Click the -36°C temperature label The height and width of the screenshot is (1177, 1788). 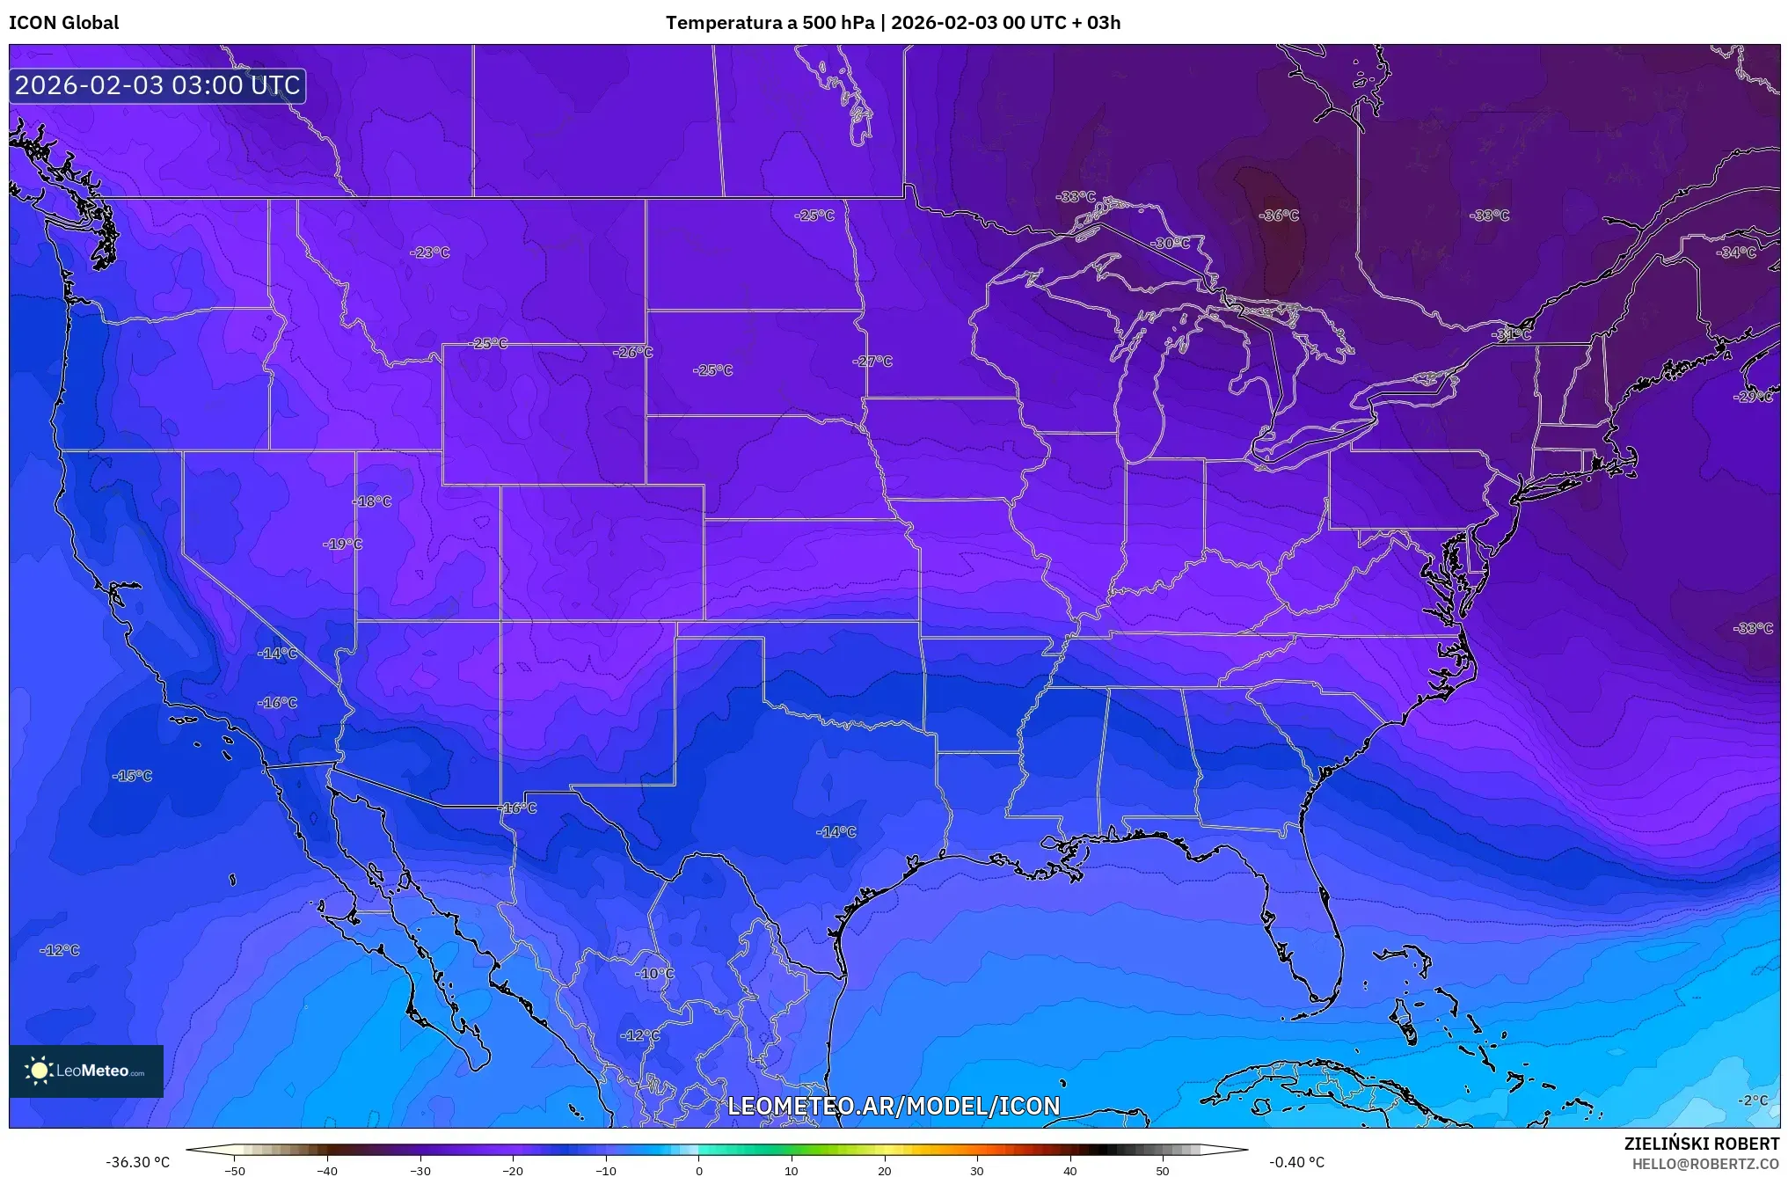[x=1279, y=216]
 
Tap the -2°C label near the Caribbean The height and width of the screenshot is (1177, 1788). [x=1752, y=1100]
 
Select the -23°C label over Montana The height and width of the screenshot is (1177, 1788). [x=430, y=252]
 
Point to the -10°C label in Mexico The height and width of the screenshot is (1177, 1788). [x=655, y=974]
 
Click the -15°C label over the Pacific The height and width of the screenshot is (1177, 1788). [x=133, y=776]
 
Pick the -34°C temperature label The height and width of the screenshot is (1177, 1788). [x=1736, y=252]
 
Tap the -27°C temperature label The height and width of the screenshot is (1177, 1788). [x=872, y=362]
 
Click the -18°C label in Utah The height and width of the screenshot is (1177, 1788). [x=372, y=501]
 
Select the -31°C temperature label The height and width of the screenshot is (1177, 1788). [x=1512, y=335]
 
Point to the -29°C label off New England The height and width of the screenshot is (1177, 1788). [x=1753, y=397]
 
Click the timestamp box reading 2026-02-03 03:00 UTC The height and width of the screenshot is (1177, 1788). [x=157, y=85]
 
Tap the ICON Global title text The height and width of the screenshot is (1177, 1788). [x=63, y=23]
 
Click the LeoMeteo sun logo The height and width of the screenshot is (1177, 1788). [x=39, y=1071]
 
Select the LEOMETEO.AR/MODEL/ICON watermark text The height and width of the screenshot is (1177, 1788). [x=894, y=1106]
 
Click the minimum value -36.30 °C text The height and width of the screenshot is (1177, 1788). [x=138, y=1162]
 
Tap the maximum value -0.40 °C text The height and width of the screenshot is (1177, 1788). [x=1296, y=1162]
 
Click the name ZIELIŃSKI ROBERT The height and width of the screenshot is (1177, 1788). [x=1701, y=1144]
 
